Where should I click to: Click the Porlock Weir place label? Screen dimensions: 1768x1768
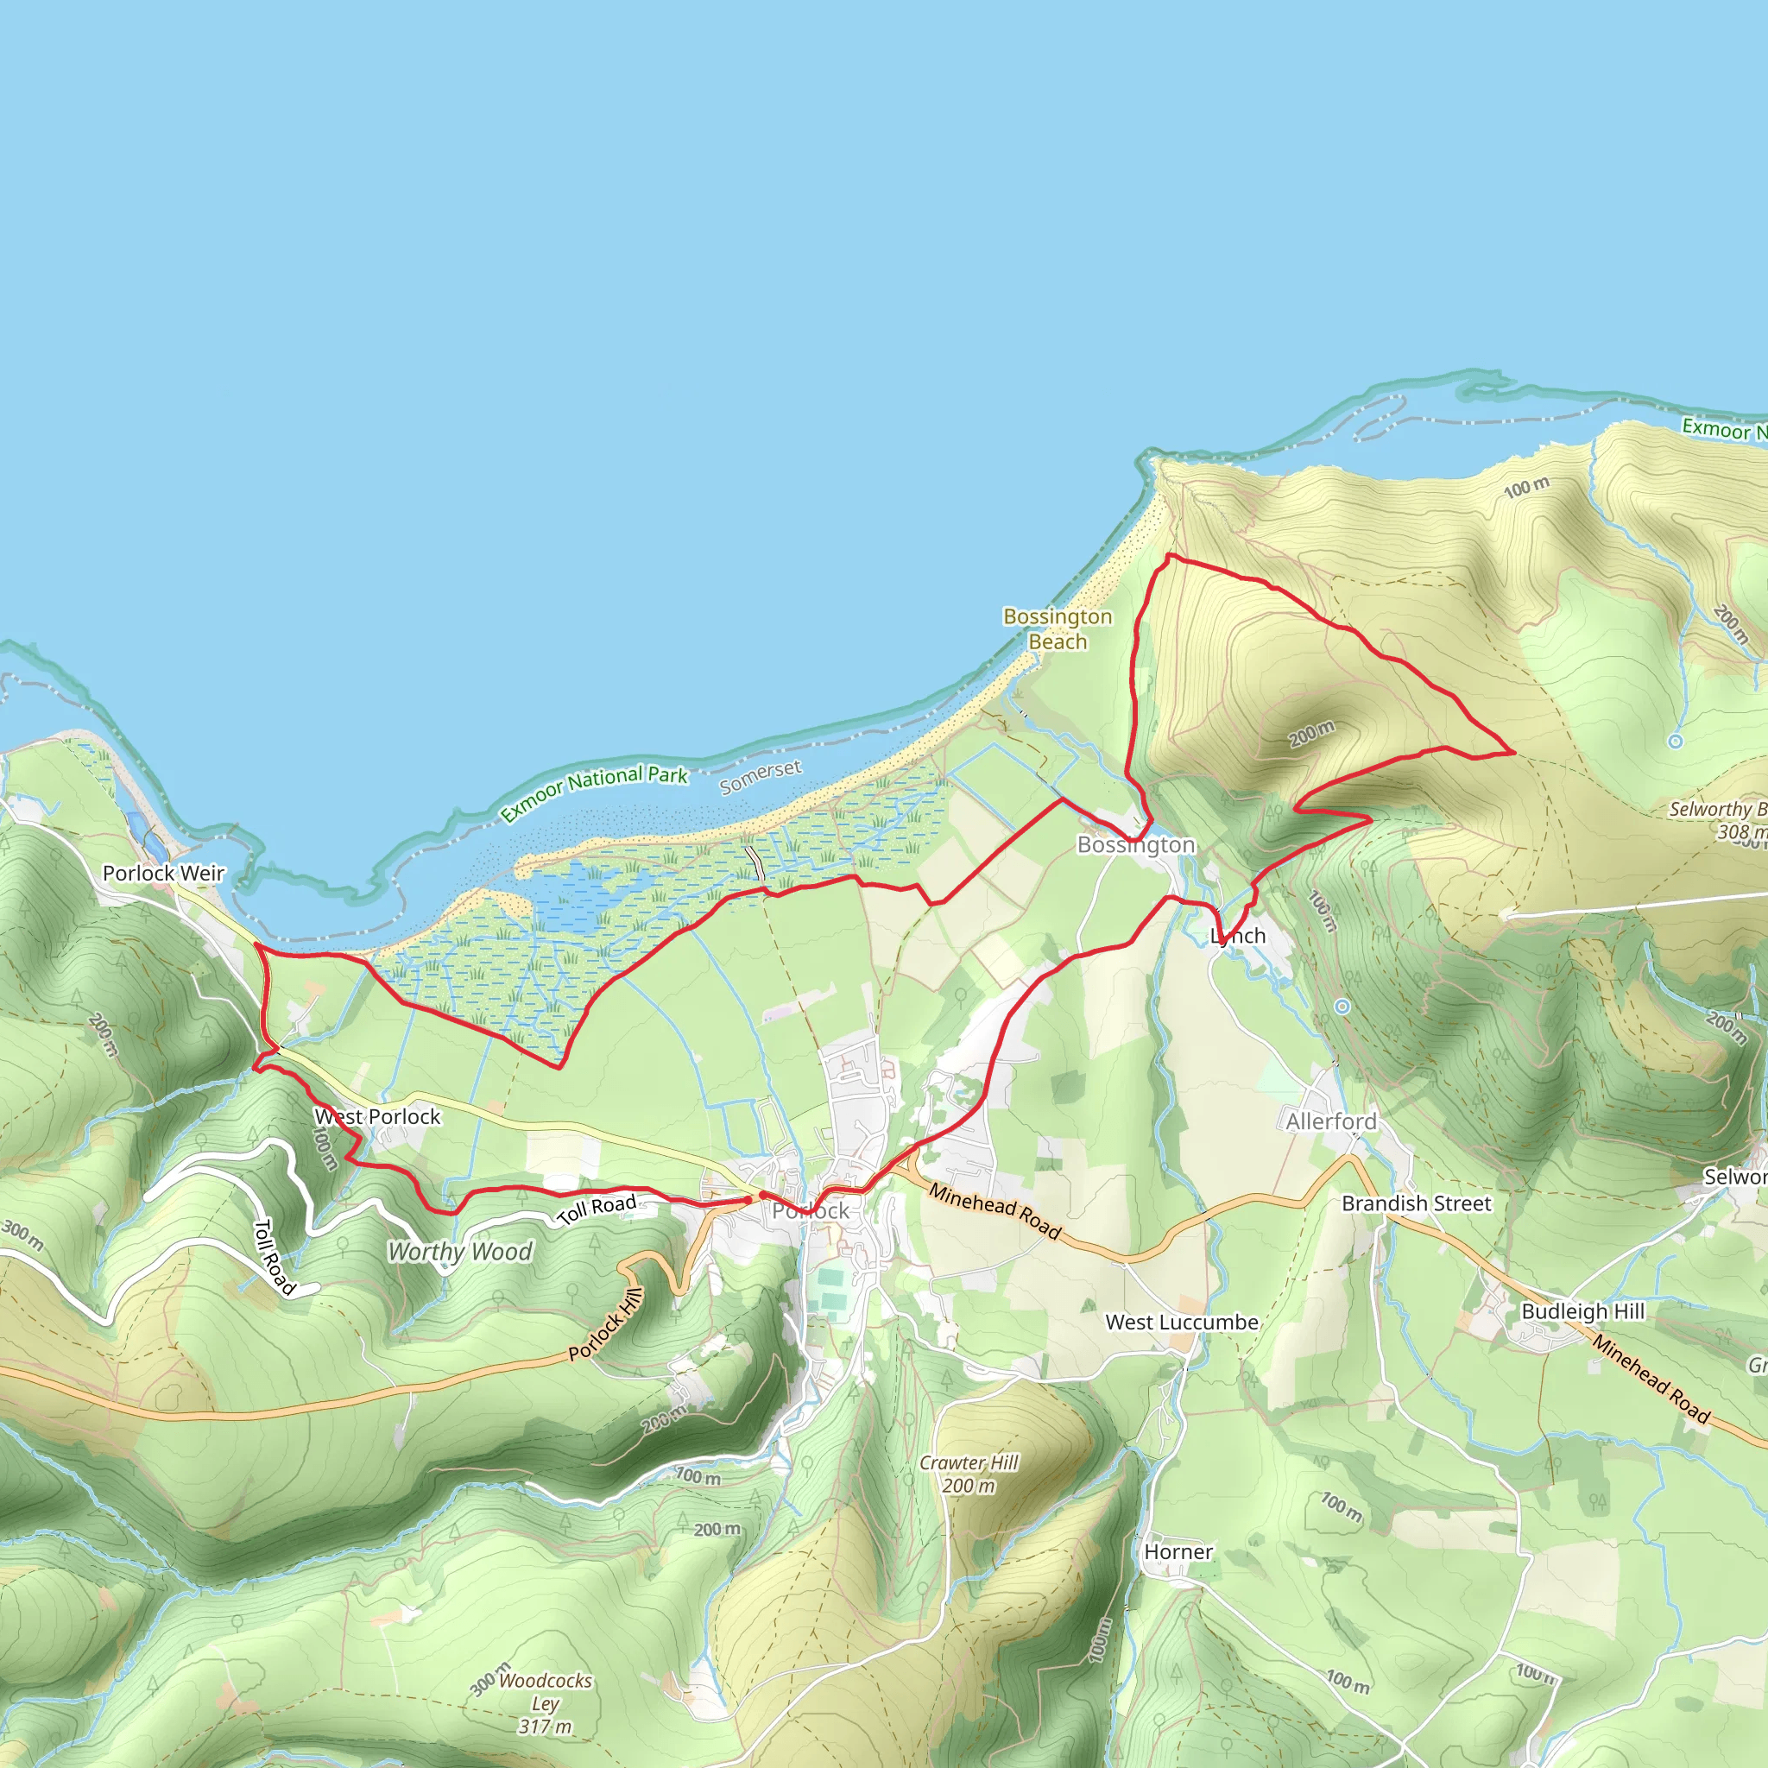tap(163, 873)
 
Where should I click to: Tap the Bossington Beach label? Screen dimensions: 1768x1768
tap(1057, 628)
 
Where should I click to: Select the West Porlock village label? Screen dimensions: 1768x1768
tap(377, 1116)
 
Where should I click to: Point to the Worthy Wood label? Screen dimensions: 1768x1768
tap(459, 1252)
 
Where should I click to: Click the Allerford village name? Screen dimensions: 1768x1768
tap(1330, 1121)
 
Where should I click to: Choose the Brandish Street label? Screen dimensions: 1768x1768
tap(1416, 1203)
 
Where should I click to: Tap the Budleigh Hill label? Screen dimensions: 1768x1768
tap(1582, 1311)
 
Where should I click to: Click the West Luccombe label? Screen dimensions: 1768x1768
tap(1182, 1323)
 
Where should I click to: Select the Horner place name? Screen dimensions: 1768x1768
tap(1178, 1552)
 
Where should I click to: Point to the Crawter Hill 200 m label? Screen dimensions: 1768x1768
tap(969, 1474)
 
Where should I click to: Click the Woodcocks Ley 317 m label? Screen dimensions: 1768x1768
tap(546, 1703)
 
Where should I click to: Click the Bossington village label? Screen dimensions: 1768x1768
tap(1136, 844)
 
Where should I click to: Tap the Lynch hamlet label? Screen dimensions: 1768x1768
tap(1237, 935)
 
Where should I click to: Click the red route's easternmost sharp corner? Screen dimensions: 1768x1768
tap(1514, 752)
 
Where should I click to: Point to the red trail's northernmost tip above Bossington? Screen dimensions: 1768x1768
tap(1170, 554)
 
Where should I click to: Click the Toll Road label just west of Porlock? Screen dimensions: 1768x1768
tap(597, 1209)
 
